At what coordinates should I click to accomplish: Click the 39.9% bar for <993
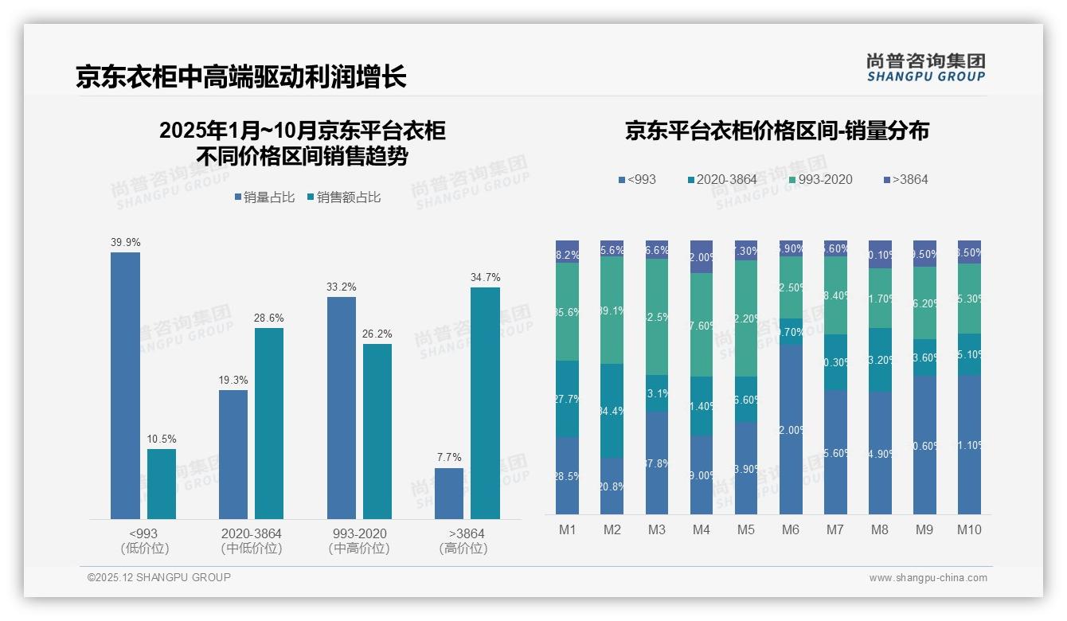pyautogui.click(x=125, y=385)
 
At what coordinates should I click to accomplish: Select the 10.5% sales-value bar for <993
pyautogui.click(x=162, y=483)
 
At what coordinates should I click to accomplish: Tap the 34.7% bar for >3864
pyautogui.click(x=485, y=403)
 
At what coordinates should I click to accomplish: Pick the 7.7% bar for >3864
pyautogui.click(x=449, y=494)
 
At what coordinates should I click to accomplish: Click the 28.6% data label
pyautogui.click(x=269, y=318)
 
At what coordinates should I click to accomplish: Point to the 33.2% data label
pyautogui.click(x=341, y=287)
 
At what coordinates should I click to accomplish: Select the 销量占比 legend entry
pyautogui.click(x=264, y=197)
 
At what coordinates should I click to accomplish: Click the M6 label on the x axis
pyautogui.click(x=790, y=529)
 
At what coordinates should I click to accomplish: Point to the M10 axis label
pyautogui.click(x=969, y=529)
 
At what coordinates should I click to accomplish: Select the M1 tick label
pyautogui.click(x=567, y=529)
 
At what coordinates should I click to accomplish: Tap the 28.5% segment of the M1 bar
pyautogui.click(x=568, y=475)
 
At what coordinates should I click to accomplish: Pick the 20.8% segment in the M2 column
pyautogui.click(x=612, y=486)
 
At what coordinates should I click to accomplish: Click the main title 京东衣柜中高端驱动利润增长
pyautogui.click(x=241, y=77)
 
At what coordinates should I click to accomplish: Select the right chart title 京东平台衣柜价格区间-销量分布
pyautogui.click(x=776, y=131)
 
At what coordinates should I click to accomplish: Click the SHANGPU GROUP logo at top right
pyautogui.click(x=925, y=68)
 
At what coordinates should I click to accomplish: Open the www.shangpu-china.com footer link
pyautogui.click(x=928, y=578)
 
